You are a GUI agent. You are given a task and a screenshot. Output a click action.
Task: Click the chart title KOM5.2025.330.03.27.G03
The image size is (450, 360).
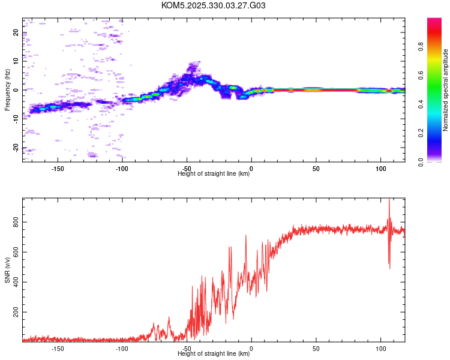tap(214, 5)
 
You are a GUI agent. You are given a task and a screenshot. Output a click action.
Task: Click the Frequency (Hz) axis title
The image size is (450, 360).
tap(7, 90)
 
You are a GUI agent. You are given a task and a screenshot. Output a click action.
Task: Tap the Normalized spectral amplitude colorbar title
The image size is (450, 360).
tap(446, 90)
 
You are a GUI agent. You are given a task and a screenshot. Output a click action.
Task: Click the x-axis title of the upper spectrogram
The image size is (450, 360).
tap(214, 174)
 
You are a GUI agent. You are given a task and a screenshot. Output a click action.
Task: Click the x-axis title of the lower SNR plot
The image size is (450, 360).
tap(214, 354)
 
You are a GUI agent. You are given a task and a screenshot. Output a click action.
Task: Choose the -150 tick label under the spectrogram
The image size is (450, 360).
tap(58, 169)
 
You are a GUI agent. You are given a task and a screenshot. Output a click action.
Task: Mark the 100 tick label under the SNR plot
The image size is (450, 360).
tap(380, 349)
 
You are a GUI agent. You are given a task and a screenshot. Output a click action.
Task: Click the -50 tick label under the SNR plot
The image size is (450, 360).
tap(187, 349)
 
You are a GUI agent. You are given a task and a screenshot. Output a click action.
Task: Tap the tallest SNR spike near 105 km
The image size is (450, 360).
tap(389, 200)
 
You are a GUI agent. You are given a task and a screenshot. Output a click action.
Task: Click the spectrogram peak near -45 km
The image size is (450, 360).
tap(192, 62)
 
